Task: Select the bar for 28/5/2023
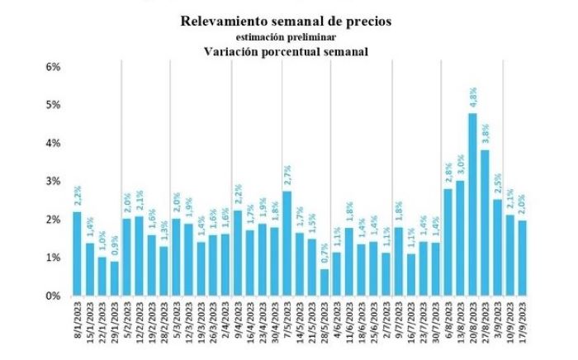(325, 282)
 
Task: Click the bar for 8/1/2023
(77, 253)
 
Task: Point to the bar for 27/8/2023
(485, 222)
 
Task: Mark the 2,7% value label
(287, 178)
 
